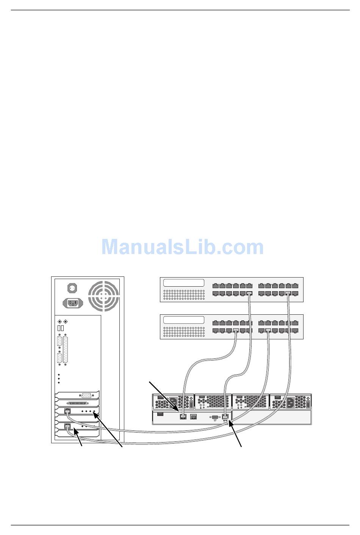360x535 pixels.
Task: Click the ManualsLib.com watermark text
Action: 182,247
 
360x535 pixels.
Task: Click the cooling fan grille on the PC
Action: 103,296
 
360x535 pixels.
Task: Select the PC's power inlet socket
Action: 73,303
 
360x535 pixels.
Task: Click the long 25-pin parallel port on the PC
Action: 67,349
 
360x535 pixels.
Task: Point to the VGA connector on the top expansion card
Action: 86,395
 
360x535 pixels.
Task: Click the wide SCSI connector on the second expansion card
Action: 79,403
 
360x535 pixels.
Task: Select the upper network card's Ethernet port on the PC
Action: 67,411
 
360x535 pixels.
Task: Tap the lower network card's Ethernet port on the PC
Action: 67,426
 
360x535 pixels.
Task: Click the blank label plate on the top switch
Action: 183,282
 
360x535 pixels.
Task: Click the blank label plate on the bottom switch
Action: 183,320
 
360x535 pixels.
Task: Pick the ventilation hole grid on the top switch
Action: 184,294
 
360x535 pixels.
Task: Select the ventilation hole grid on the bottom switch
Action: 184,331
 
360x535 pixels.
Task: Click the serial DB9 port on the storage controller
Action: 215,417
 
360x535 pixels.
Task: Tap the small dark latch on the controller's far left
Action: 160,414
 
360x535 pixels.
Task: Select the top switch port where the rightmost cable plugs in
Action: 288,293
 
